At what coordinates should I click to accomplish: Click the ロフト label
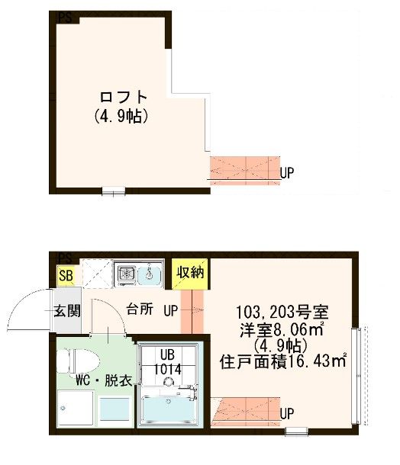122,98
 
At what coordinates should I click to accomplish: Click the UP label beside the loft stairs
287,173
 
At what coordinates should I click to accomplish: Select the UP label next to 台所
171,311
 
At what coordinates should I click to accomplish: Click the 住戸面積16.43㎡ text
283,361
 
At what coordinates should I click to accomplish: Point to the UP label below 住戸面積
287,414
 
